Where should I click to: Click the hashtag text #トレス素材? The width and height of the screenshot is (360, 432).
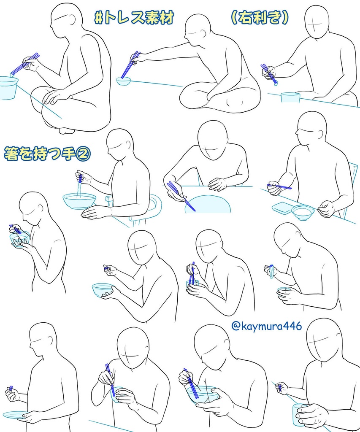pos(134,18)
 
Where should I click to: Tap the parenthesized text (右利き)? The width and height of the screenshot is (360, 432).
pos(260,18)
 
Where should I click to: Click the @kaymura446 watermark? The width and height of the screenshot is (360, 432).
pos(267,326)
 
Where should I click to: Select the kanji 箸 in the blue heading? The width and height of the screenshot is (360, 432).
pos(11,154)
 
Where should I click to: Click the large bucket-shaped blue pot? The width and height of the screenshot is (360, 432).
pos(8,88)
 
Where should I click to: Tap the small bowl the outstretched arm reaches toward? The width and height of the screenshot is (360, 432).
pos(123,81)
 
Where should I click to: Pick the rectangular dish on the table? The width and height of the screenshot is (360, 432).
pos(282,207)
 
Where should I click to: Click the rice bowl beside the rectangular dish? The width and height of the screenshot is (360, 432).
pos(302,213)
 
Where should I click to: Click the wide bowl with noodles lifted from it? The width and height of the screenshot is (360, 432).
pos(79,200)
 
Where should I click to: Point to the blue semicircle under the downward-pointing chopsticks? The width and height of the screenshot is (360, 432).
pos(207,205)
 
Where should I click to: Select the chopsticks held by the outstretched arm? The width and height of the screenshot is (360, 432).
pos(131,65)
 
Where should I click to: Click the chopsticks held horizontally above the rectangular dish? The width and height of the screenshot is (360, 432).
pos(279,186)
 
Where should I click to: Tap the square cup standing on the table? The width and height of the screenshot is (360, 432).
pos(290,97)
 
